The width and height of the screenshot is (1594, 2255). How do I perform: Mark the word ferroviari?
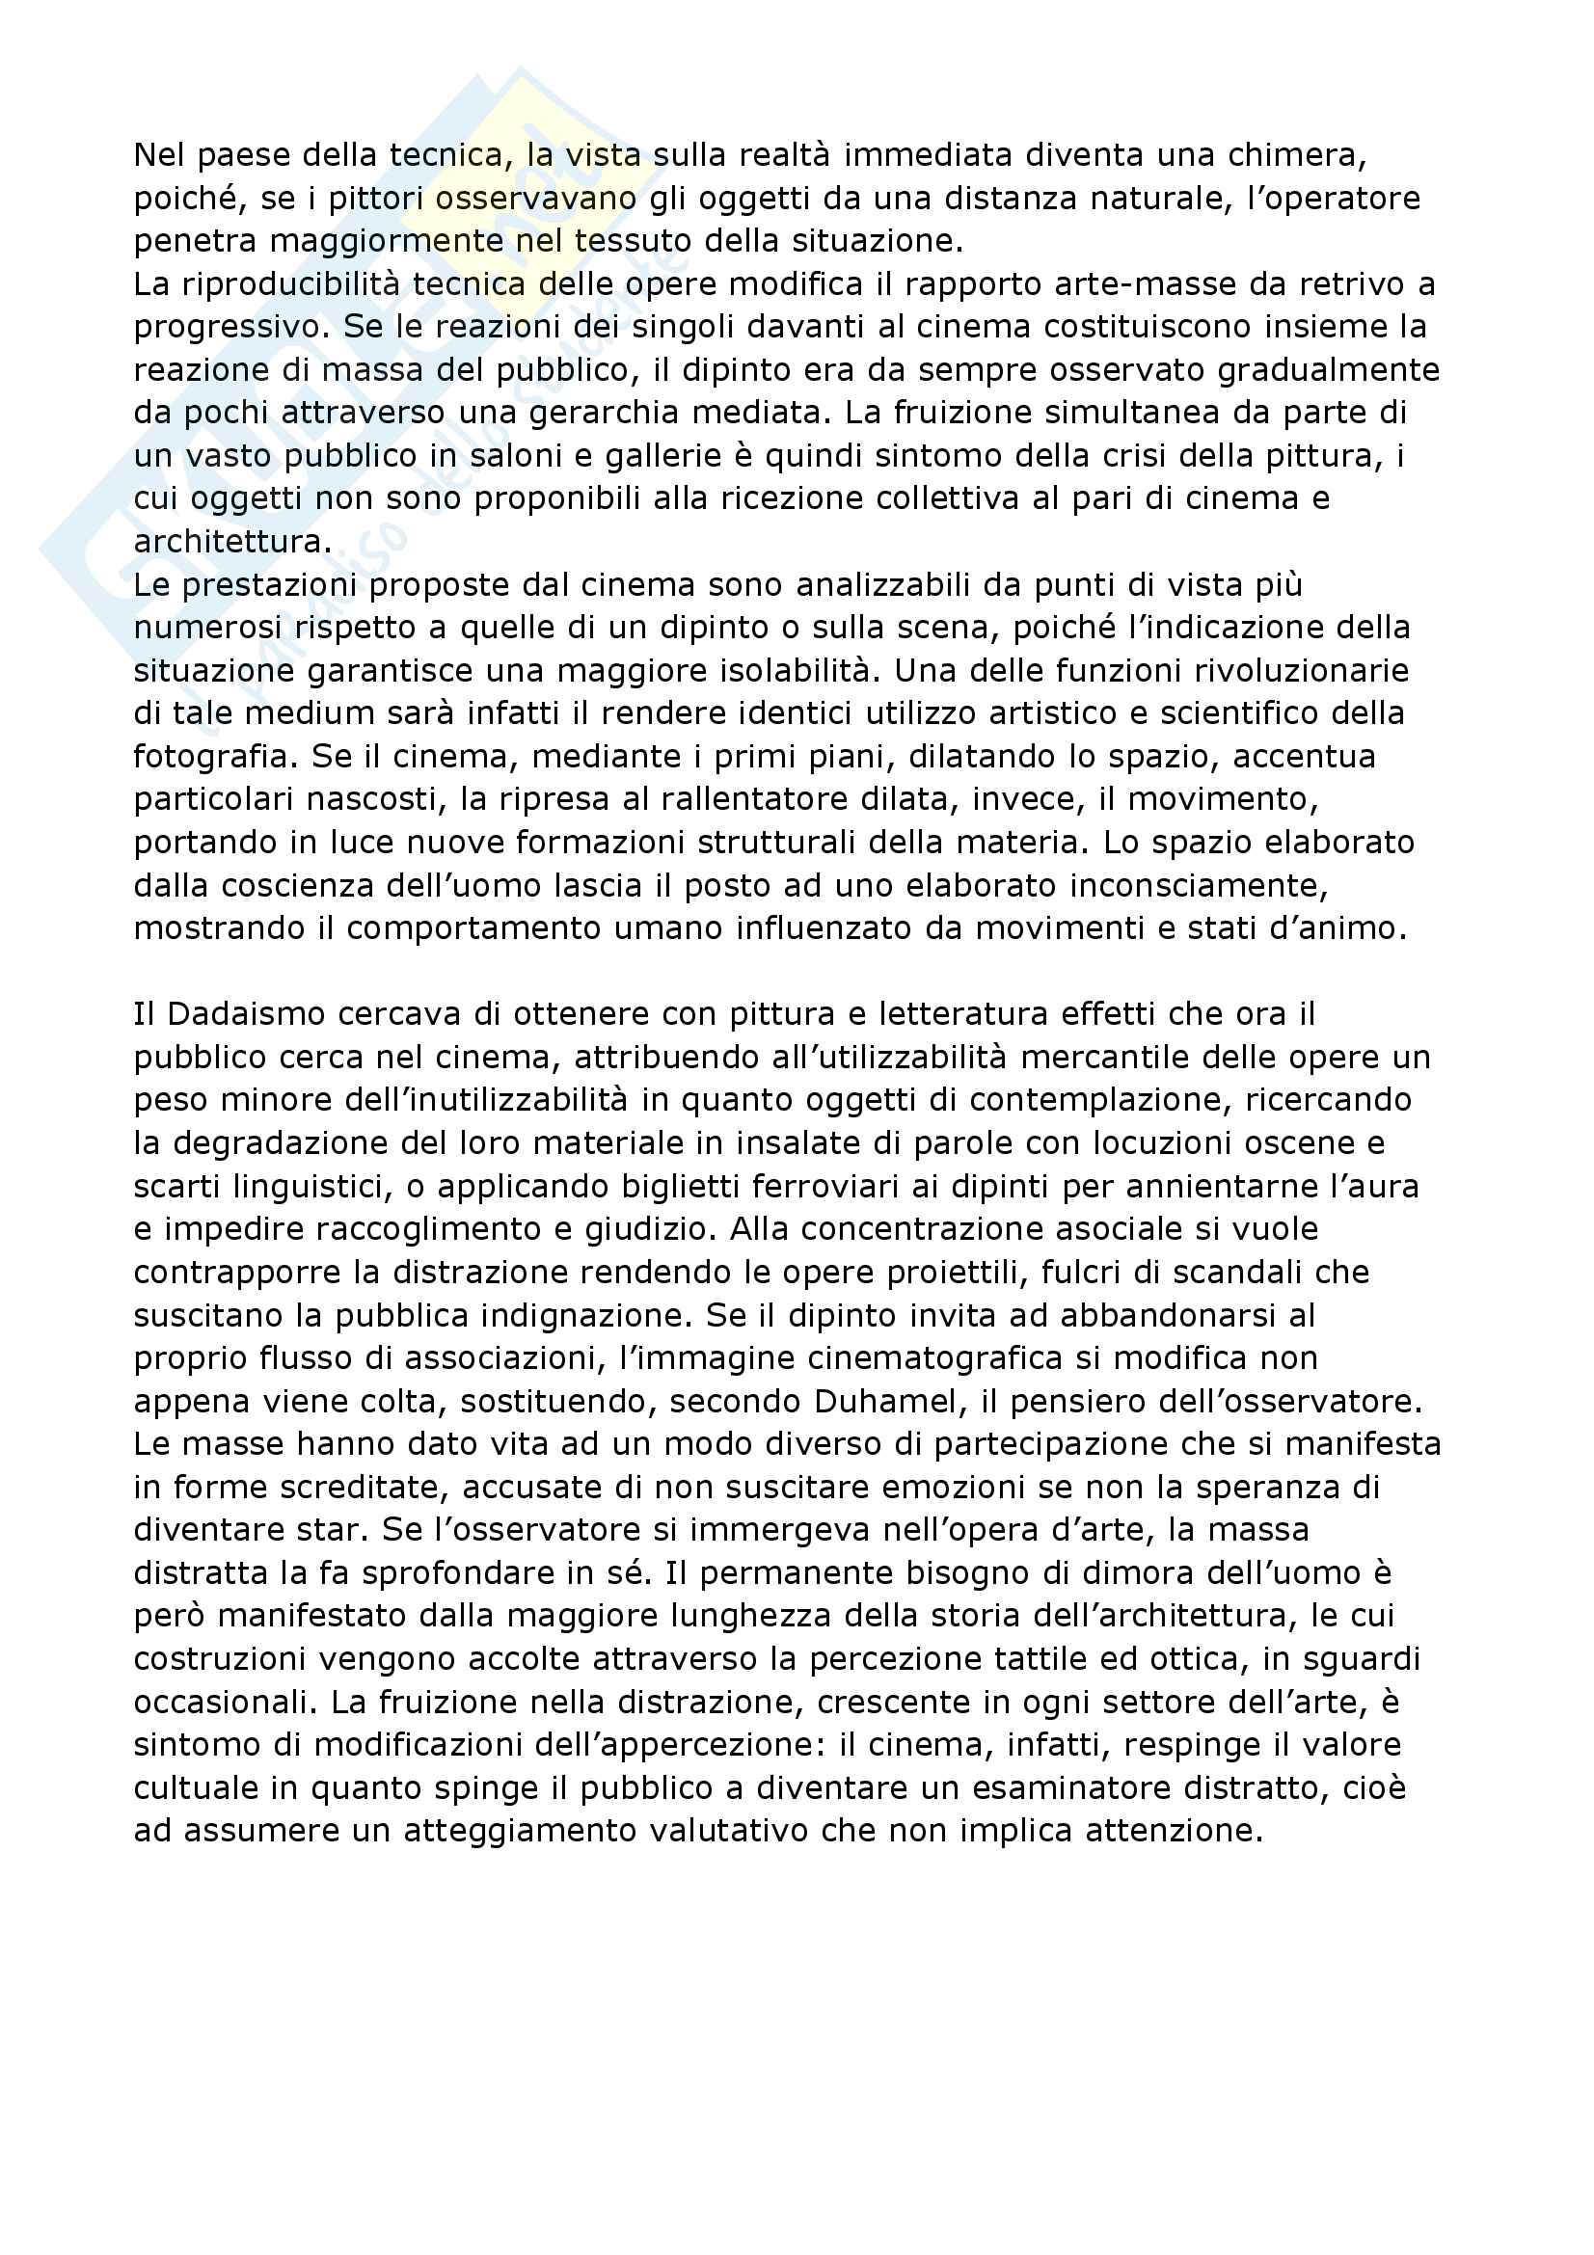coord(758,1188)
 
